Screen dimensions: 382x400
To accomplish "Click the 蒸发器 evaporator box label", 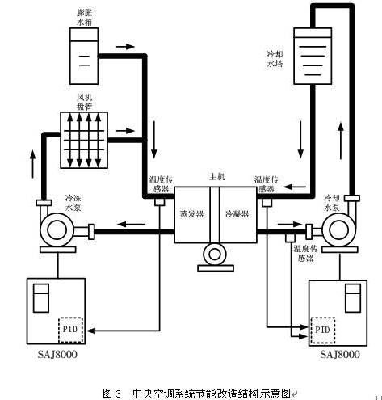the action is click(x=191, y=214).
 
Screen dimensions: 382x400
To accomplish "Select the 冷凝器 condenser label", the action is click(x=237, y=214).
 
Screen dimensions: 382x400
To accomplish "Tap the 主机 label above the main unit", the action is click(x=217, y=177).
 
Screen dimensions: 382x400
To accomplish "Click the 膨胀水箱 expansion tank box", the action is click(x=84, y=56).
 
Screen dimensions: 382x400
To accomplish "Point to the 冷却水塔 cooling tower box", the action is click(x=313, y=56).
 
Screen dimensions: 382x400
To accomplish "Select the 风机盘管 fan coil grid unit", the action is click(x=84, y=140).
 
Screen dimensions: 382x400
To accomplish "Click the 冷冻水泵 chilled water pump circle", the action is click(x=57, y=229).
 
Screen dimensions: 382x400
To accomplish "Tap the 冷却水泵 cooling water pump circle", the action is click(x=338, y=229).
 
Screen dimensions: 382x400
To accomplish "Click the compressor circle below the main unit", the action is click(x=215, y=255).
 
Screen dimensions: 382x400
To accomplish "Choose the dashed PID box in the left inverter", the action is click(x=71, y=330).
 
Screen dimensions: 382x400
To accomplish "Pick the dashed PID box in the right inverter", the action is click(x=323, y=331).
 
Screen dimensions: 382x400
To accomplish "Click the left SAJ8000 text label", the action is click(x=57, y=354).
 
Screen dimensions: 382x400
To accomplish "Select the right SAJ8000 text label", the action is click(x=340, y=354).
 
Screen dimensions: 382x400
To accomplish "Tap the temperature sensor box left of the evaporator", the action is click(x=160, y=202).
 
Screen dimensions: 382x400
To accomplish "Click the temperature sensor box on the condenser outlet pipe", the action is click(x=290, y=238).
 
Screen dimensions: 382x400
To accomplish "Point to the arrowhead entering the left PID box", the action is click(x=90, y=331).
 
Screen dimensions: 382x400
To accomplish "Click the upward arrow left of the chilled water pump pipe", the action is click(x=33, y=164).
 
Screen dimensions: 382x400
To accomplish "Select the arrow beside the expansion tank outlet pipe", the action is click(x=125, y=47).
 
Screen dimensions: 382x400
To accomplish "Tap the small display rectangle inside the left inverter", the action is click(x=41, y=298).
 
